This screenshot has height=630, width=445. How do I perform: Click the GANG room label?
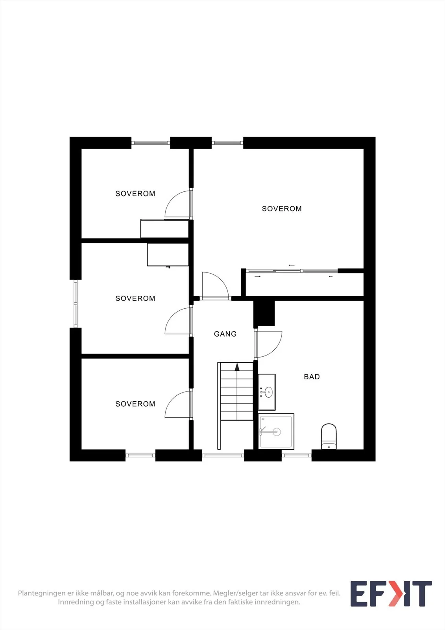click(x=225, y=334)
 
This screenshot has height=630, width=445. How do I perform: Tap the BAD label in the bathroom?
click(x=312, y=376)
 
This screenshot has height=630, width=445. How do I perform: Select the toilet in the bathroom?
click(x=329, y=436)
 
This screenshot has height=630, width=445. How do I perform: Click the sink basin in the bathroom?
click(x=268, y=392)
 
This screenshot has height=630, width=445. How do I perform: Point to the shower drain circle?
click(x=277, y=432)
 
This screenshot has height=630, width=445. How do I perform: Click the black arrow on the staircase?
click(x=237, y=367)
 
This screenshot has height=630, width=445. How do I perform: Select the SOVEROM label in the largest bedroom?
click(x=282, y=209)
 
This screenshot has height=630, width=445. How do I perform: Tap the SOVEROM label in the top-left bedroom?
click(x=135, y=193)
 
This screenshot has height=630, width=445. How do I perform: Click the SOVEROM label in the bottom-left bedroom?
click(x=135, y=404)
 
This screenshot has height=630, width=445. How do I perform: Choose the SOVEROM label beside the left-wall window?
click(x=135, y=298)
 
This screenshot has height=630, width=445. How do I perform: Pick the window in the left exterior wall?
click(x=75, y=304)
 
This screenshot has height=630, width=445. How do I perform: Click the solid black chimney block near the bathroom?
click(x=264, y=313)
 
